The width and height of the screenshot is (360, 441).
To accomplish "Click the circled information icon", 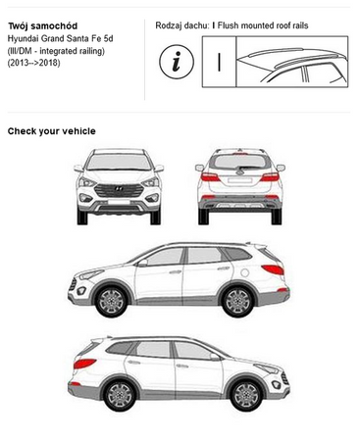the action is click(177, 62).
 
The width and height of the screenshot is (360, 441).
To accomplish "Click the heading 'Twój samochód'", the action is click(42, 25).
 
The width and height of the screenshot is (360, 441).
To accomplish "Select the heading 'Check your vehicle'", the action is click(52, 131).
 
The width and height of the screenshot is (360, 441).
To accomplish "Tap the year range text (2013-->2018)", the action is click(34, 63).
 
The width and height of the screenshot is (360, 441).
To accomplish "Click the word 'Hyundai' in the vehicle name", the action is click(23, 39).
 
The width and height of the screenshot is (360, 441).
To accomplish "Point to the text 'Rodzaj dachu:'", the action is click(181, 25).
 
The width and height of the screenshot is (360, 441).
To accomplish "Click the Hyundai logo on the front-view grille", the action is click(119, 189).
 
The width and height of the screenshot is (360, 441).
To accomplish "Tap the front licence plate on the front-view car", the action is click(119, 202).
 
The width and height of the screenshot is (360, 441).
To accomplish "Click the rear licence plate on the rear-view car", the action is click(239, 180).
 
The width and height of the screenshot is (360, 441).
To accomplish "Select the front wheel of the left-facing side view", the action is click(112, 301).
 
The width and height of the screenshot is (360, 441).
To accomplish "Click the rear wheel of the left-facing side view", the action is click(237, 301).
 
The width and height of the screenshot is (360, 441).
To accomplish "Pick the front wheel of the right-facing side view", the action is click(246, 395).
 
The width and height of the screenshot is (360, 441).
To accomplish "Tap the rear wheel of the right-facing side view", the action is click(120, 395).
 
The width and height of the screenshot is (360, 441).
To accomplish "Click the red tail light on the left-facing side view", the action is click(273, 269).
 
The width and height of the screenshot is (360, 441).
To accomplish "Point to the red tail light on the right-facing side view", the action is click(84, 364).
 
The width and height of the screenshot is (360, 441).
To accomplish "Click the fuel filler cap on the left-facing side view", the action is click(244, 271).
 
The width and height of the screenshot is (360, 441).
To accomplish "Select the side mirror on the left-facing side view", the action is click(142, 263).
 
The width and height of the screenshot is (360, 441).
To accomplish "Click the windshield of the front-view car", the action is click(119, 163).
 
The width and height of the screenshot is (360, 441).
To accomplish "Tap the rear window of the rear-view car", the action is click(240, 162).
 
